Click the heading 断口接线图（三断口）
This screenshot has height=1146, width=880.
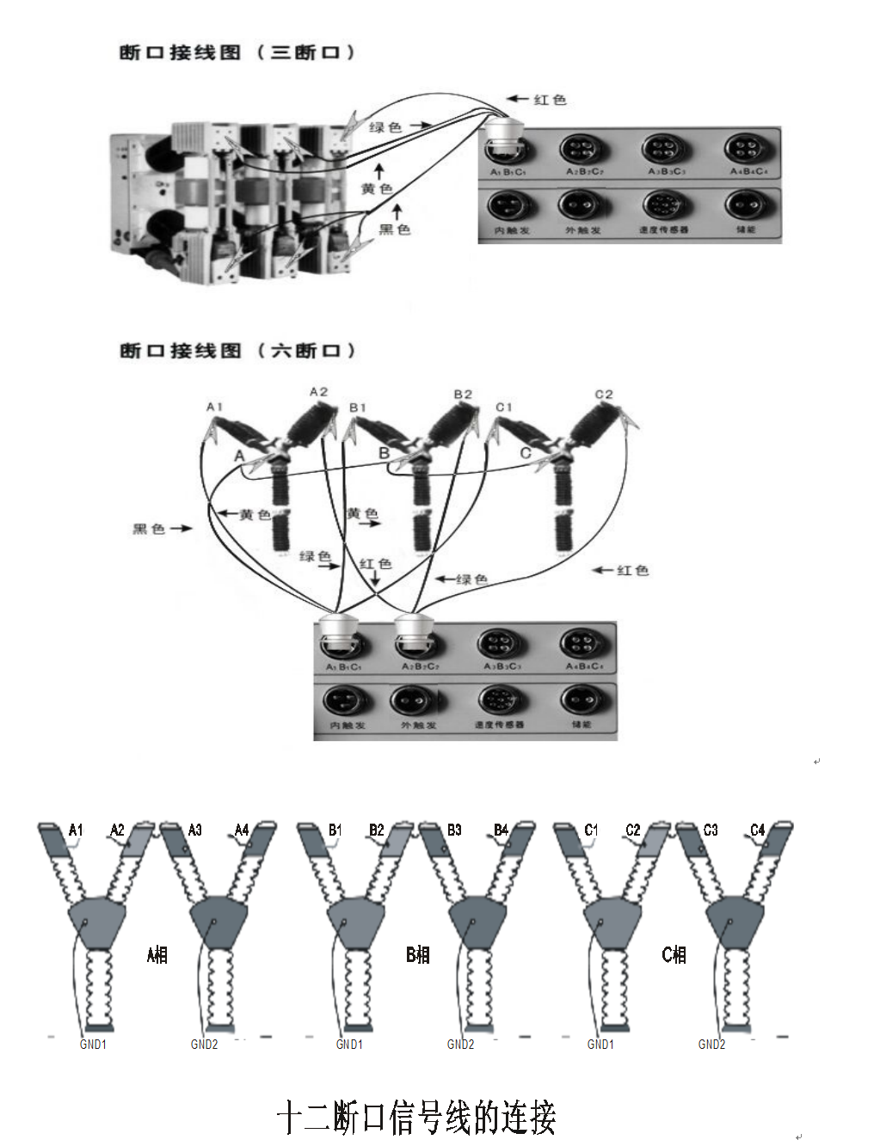[x=237, y=52]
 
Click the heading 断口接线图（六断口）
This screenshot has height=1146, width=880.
[x=237, y=351]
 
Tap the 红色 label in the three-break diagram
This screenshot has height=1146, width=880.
[x=550, y=100]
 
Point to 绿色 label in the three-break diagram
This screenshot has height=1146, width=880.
[x=385, y=127]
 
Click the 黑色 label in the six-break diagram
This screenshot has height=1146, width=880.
[x=149, y=529]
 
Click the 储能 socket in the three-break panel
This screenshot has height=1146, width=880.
[x=745, y=206]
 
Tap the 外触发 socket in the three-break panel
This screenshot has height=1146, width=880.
[x=582, y=206]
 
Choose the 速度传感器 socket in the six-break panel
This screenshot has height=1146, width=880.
[x=499, y=701]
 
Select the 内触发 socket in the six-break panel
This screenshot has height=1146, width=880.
[x=346, y=702]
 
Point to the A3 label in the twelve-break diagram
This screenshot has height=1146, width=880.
[x=195, y=830]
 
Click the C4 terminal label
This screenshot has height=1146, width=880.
[x=757, y=830]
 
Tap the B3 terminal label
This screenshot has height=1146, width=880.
[x=454, y=830]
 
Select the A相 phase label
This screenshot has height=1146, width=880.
[x=157, y=954]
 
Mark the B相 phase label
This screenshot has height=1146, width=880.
[x=417, y=954]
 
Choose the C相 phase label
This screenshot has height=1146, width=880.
[x=674, y=954]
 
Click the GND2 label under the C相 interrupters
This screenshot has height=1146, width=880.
[x=711, y=1045]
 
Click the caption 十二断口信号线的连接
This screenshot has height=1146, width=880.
[x=416, y=1118]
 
